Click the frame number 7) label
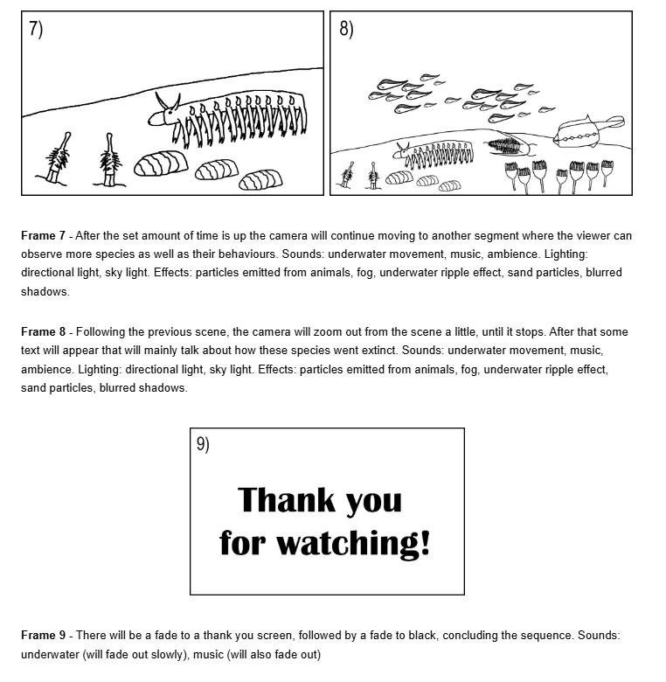pos(36,28)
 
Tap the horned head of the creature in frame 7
pos(164,110)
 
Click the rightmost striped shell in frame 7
pos(260,180)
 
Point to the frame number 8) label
pos(346,28)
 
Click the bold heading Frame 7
pos(43,236)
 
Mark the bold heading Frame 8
pos(43,332)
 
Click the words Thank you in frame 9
pos(320,500)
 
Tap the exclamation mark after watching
pos(426,542)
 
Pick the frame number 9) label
pos(203,444)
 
